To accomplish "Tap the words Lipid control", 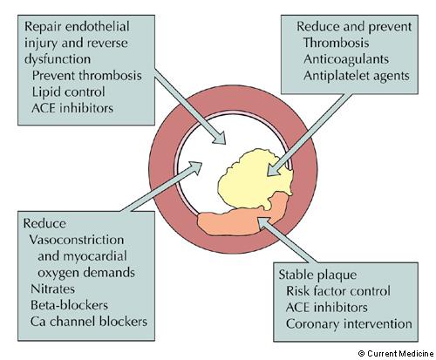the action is coord(68,92).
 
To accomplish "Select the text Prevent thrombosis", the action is coord(86,76).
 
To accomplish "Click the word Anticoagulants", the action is coord(346,59).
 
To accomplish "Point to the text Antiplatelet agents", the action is coord(357,76).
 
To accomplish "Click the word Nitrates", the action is coord(52,289).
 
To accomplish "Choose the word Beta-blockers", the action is coord(69,305).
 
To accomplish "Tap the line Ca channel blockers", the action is coord(89,322).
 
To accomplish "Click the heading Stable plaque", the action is coord(317,275).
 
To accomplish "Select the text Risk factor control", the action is coord(338,291).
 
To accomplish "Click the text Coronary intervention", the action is coord(349,323).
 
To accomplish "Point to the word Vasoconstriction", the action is coord(77,240).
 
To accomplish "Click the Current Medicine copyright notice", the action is coord(396,354).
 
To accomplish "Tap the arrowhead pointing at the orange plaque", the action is coord(263,224).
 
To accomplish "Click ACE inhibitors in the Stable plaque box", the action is coord(327,308).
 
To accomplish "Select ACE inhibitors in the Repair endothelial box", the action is coord(72,108).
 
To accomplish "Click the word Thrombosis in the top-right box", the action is coord(336,43).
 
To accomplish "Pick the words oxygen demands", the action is coord(86,273).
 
